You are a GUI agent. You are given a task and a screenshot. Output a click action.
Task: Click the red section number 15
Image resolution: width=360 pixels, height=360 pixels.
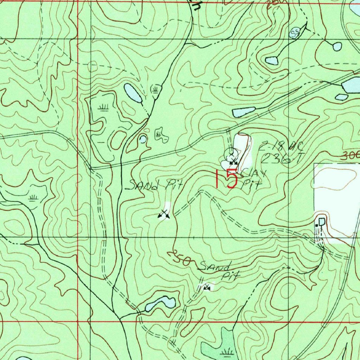[x=227, y=179]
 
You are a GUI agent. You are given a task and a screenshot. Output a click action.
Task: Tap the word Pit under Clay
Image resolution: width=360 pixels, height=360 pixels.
[x=252, y=185]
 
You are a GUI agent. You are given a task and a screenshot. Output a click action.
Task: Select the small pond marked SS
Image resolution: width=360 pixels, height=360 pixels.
[x=294, y=33]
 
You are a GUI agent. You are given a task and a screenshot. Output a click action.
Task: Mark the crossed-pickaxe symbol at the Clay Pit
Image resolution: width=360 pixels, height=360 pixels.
[x=232, y=161]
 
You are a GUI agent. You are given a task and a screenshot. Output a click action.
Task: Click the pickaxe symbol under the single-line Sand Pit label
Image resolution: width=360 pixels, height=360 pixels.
[x=163, y=214]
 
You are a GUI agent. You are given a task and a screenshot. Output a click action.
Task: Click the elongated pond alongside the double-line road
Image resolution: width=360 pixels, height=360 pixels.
[x=243, y=112]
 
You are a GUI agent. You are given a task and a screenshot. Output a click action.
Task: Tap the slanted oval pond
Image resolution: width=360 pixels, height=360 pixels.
[x=133, y=93]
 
